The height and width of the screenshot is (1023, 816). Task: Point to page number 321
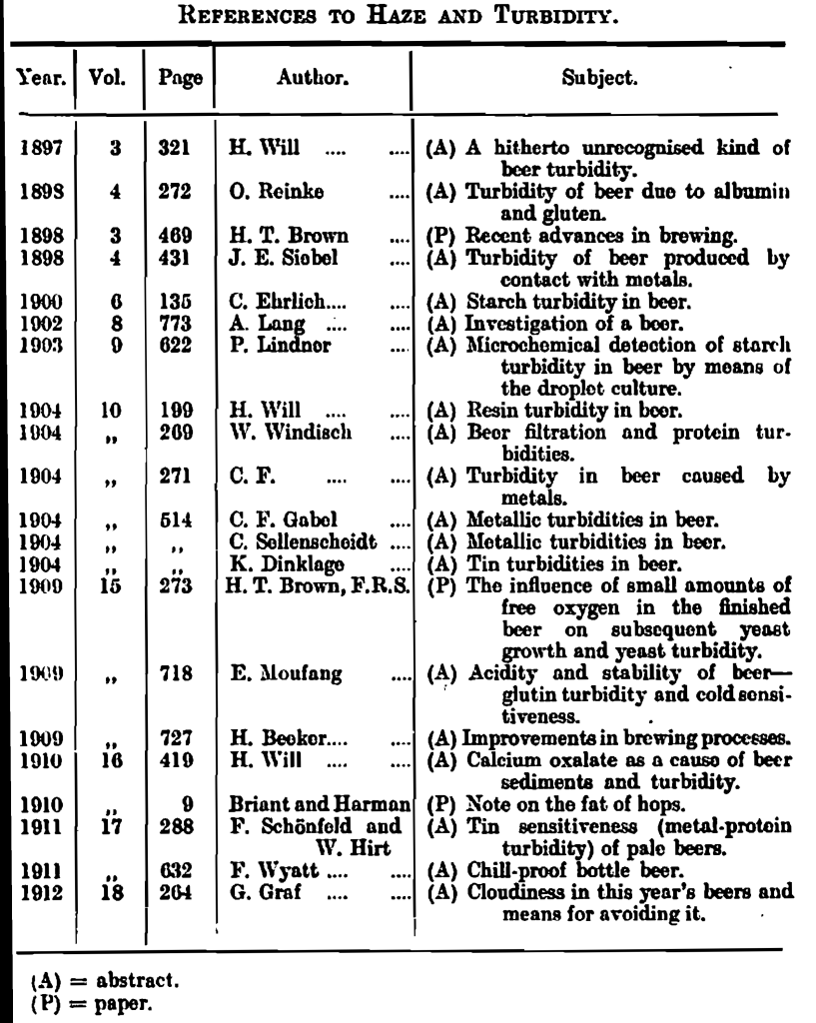point(174,148)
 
